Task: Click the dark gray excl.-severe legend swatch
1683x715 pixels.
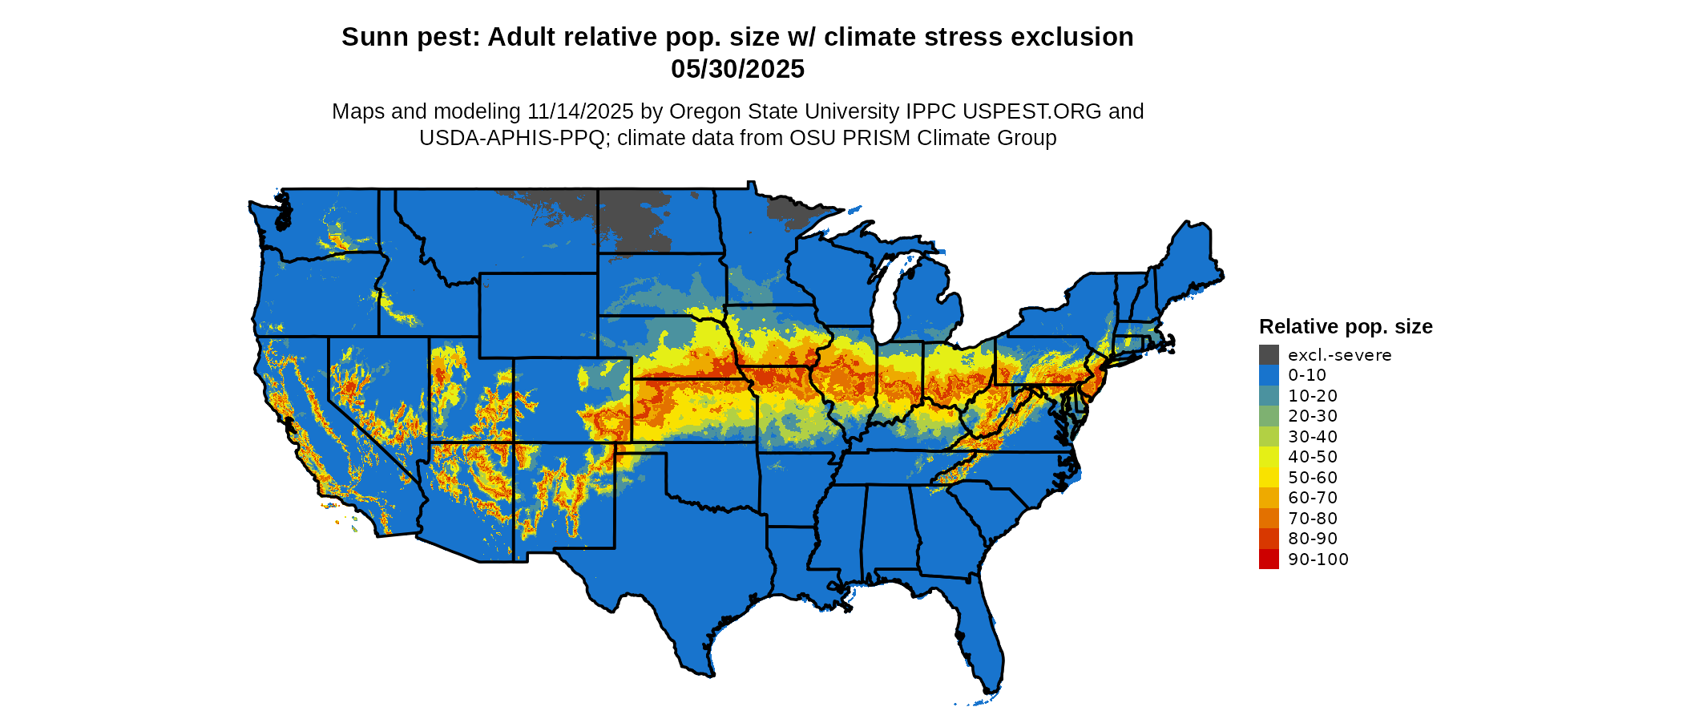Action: [1269, 354]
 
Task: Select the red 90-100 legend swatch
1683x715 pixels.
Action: [1269, 559]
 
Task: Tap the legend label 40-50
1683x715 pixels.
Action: [1313, 457]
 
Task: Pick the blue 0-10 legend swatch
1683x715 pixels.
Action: [1269, 375]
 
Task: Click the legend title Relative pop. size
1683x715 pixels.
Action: [1346, 326]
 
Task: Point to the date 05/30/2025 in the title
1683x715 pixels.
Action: [737, 70]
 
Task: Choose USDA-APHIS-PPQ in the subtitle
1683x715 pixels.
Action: [512, 138]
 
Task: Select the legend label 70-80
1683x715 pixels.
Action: [1313, 518]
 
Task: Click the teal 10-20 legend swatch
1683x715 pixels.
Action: [1269, 395]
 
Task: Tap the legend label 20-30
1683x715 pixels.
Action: [1313, 416]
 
